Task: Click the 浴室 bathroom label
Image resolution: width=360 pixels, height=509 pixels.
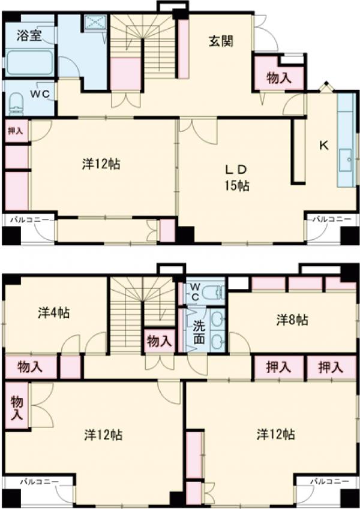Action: pyautogui.click(x=29, y=35)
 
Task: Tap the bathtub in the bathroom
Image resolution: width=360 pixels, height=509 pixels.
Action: pyautogui.click(x=29, y=62)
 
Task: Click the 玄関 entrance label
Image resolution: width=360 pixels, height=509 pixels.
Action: pyautogui.click(x=221, y=41)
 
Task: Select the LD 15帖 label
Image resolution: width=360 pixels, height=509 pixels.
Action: pyautogui.click(x=237, y=177)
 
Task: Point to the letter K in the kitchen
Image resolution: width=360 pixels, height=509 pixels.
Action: pyautogui.click(x=323, y=146)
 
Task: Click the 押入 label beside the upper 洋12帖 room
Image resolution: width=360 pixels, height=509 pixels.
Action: pyautogui.click(x=15, y=131)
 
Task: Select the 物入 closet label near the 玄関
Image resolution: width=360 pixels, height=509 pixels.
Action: pyautogui.click(x=279, y=78)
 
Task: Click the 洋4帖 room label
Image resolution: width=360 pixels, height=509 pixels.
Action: pyautogui.click(x=54, y=313)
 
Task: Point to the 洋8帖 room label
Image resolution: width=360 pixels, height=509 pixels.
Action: pyautogui.click(x=292, y=320)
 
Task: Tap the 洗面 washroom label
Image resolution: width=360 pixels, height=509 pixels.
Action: pyautogui.click(x=199, y=332)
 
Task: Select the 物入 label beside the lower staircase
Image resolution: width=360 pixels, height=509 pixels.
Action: pyautogui.click(x=159, y=341)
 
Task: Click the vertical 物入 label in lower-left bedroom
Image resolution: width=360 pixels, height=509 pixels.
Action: pyautogui.click(x=17, y=408)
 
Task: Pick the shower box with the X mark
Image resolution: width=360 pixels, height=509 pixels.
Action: pyautogui.click(x=95, y=22)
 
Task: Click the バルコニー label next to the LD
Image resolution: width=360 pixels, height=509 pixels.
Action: pyautogui.click(x=332, y=219)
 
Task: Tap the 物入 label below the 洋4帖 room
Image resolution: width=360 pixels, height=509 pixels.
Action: pyautogui.click(x=30, y=367)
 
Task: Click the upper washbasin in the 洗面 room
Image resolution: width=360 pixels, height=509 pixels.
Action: pyautogui.click(x=218, y=319)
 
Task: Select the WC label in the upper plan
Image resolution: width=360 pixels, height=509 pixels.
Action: pyautogui.click(x=40, y=94)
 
